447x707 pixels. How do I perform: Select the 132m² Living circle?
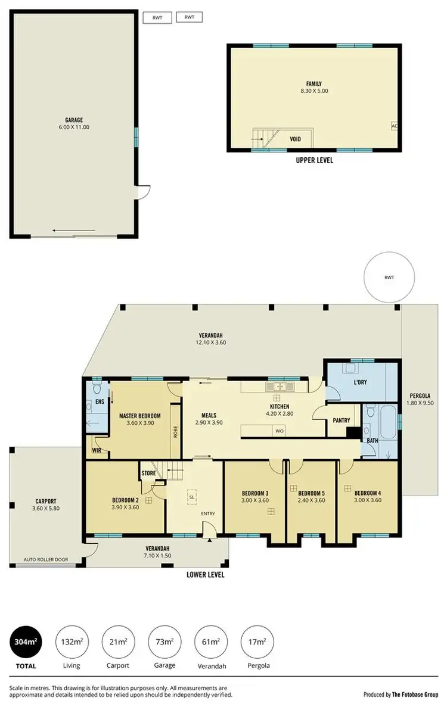pos(72,641)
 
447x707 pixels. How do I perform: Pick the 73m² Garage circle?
pos(164,641)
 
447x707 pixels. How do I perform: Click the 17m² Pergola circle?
pos(256,641)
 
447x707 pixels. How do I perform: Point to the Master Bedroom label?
pos(139,415)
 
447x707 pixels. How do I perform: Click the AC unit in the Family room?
pos(394,126)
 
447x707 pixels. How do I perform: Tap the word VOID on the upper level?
pos(295,139)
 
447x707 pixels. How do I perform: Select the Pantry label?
pos(342,421)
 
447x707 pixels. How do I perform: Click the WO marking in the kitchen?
pos(280,431)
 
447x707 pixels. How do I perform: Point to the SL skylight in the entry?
pos(192,496)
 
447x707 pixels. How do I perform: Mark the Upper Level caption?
pos(314,160)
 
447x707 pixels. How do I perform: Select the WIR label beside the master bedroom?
pos(97,451)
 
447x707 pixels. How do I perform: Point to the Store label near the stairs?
pos(148,474)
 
